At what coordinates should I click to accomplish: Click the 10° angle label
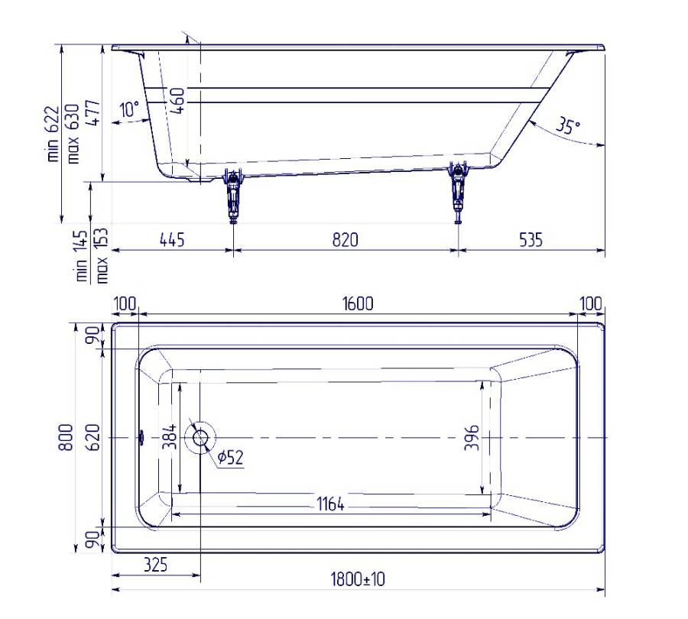point(130,109)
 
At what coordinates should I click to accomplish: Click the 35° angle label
point(568,125)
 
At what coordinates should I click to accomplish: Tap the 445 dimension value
point(172,240)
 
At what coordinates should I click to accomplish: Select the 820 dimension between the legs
point(346,240)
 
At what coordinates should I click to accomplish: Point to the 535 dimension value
point(531,240)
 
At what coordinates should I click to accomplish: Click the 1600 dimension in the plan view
point(358,303)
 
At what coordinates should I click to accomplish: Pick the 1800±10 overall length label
point(358,579)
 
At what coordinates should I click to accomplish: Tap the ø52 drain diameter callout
point(230,458)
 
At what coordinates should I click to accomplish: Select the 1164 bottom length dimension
point(330,504)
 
